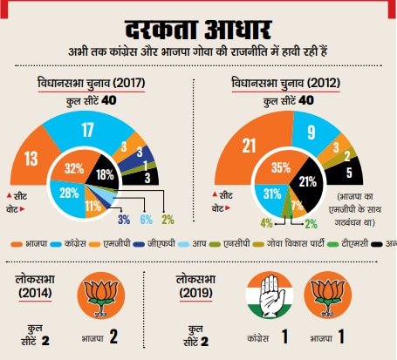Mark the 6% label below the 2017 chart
click(147, 219)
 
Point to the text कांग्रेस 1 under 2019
click(271, 336)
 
